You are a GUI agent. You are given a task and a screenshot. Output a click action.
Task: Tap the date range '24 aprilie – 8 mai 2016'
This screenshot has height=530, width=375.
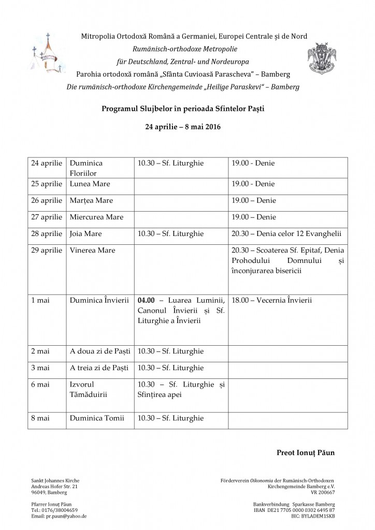[x=186, y=126]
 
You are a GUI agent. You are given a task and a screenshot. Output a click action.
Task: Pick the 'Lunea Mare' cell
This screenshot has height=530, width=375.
[x=90, y=184]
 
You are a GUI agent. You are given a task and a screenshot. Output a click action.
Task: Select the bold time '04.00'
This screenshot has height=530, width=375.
[x=147, y=300]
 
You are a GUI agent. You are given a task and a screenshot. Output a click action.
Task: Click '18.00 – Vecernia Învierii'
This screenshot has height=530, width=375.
[x=271, y=300]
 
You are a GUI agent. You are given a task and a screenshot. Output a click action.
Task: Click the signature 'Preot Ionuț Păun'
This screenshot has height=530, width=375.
[x=306, y=453]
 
